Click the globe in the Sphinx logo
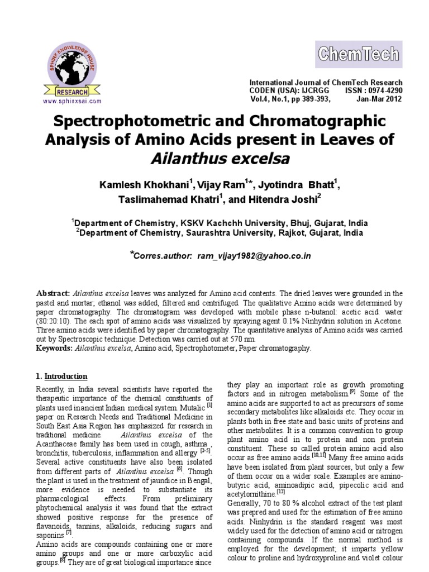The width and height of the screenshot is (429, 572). (69, 65)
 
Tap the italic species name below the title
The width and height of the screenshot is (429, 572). (220, 159)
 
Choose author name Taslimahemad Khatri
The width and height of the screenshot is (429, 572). (157, 200)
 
